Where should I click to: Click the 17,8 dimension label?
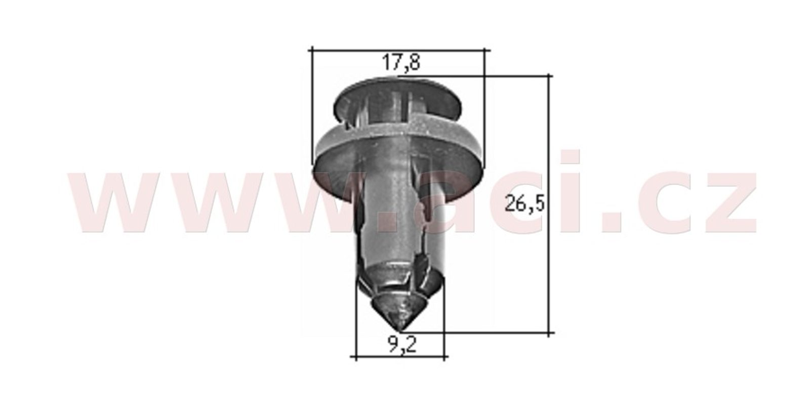point(401,63)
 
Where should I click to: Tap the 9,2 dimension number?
point(402,345)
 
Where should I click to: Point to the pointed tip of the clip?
point(400,330)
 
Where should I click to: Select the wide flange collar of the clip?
point(398,155)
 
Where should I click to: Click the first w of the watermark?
point(125,202)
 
